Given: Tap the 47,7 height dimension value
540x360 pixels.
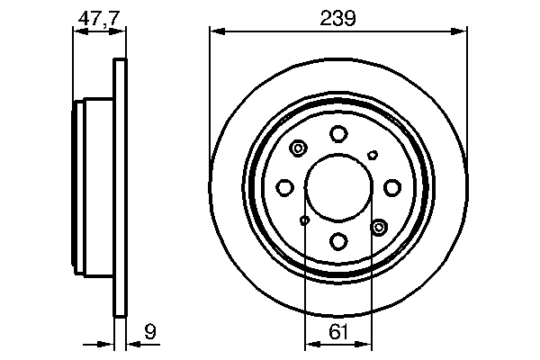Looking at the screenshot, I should [x=97, y=19].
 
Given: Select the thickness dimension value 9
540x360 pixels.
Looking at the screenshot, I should [x=151, y=334].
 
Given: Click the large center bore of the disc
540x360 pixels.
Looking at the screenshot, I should [x=338, y=187].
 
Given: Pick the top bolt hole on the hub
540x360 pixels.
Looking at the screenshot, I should [x=338, y=135].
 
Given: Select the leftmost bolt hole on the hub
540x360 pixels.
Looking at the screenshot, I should [x=285, y=187].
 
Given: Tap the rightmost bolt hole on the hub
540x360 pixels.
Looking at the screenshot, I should [x=391, y=187].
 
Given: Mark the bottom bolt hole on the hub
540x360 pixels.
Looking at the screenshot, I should [x=338, y=240].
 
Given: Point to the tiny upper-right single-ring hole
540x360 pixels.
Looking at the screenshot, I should [x=373, y=155].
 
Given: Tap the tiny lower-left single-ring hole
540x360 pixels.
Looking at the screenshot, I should [x=305, y=220].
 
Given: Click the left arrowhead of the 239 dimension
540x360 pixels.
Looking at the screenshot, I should [x=215, y=32].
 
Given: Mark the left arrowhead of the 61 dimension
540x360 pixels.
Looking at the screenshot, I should [x=310, y=344].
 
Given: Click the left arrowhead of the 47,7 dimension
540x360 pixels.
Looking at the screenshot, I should [x=76, y=32].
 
